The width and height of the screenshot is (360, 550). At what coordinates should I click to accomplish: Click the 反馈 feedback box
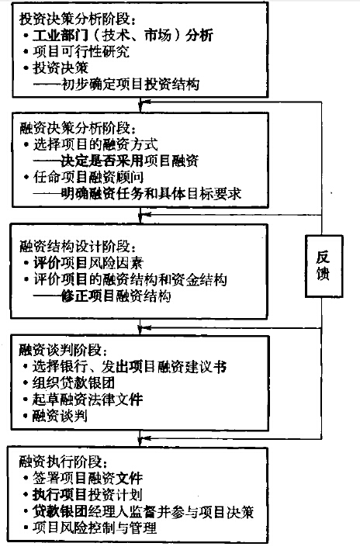[x=324, y=267]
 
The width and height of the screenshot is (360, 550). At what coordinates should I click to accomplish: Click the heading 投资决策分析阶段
[x=77, y=19]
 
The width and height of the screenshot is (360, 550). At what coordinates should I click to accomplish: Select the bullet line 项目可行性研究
[x=81, y=51]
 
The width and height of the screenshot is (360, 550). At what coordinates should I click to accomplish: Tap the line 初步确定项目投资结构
[x=116, y=85]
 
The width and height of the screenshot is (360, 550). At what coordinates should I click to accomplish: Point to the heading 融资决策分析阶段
[x=77, y=128]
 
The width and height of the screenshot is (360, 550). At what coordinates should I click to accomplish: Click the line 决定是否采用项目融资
[x=116, y=161]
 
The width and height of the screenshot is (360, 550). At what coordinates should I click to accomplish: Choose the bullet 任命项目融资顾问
[x=88, y=177]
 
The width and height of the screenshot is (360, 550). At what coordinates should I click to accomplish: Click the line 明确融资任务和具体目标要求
[x=137, y=194]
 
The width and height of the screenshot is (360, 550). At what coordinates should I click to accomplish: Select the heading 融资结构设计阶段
[x=77, y=246]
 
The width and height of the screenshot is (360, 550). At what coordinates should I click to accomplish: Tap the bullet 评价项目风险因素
[x=88, y=263]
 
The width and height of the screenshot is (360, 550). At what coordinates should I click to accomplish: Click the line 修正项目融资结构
[x=102, y=296]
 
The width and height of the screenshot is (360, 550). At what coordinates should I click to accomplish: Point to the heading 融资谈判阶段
[x=63, y=351]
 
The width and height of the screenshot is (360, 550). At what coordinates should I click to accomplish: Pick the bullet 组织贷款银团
[x=74, y=382]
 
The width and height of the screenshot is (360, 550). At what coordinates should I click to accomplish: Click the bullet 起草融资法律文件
[x=88, y=400]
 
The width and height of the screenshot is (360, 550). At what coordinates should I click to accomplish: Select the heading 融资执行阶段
[x=63, y=462]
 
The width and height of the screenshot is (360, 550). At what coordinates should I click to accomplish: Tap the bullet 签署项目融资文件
[x=88, y=478]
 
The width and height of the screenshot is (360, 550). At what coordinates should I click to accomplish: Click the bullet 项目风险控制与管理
[x=95, y=528]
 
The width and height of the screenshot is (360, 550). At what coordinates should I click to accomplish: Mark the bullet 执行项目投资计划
[x=88, y=495]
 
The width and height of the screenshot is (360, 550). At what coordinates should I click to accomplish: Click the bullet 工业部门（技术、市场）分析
[x=123, y=36]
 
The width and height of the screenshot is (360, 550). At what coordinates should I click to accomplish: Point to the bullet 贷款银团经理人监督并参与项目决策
[x=144, y=511]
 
